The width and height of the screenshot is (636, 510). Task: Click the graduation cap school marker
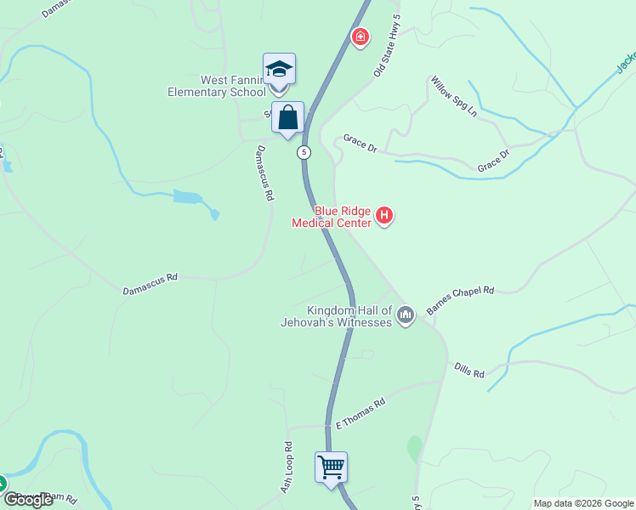point(279,69)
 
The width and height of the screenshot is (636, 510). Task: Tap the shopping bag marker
point(288,117)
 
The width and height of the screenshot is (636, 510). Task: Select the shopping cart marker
point(331,467)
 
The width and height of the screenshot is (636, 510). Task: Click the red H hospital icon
point(384,216)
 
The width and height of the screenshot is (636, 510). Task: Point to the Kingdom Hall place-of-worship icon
point(405,315)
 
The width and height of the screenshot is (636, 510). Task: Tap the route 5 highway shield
point(304,152)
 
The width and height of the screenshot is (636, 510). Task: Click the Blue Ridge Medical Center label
point(332,217)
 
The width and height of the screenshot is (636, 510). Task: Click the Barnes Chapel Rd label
point(460,301)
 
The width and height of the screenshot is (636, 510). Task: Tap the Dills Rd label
point(468,372)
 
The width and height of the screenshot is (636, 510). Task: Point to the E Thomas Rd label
point(361,412)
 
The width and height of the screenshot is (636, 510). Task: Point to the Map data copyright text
point(583,503)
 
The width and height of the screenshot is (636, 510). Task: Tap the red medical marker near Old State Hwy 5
point(361,36)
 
